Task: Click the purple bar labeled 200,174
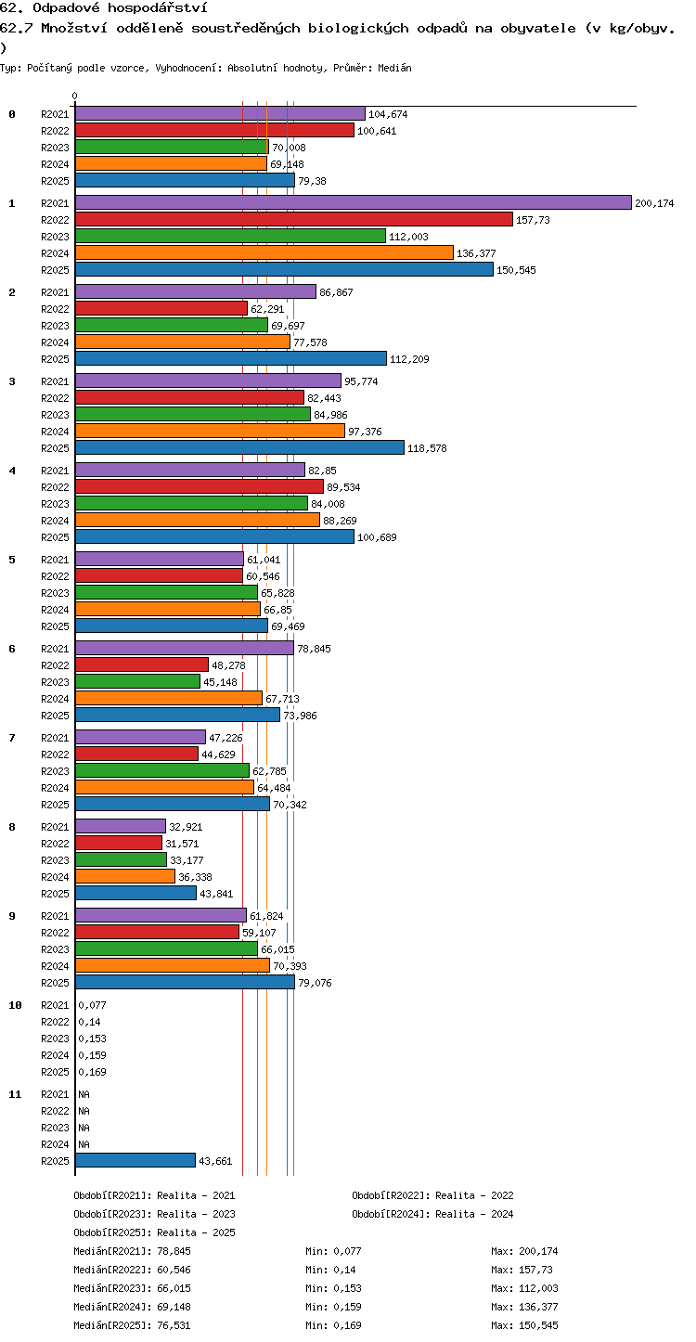354,202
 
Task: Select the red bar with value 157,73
294,219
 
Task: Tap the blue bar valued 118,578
239,447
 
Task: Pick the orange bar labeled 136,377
264,252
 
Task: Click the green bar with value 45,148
137,681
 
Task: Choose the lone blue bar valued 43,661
135,1160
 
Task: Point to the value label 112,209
409,359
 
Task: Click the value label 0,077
92,1005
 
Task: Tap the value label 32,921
186,827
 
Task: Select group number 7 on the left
12,738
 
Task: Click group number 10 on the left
15,1005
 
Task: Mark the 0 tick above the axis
75,96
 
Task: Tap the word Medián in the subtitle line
394,69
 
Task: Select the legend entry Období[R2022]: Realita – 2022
432,1195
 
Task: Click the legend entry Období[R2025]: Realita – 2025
155,1232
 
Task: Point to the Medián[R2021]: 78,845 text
133,1251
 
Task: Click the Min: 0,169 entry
334,1325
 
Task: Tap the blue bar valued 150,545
285,269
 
